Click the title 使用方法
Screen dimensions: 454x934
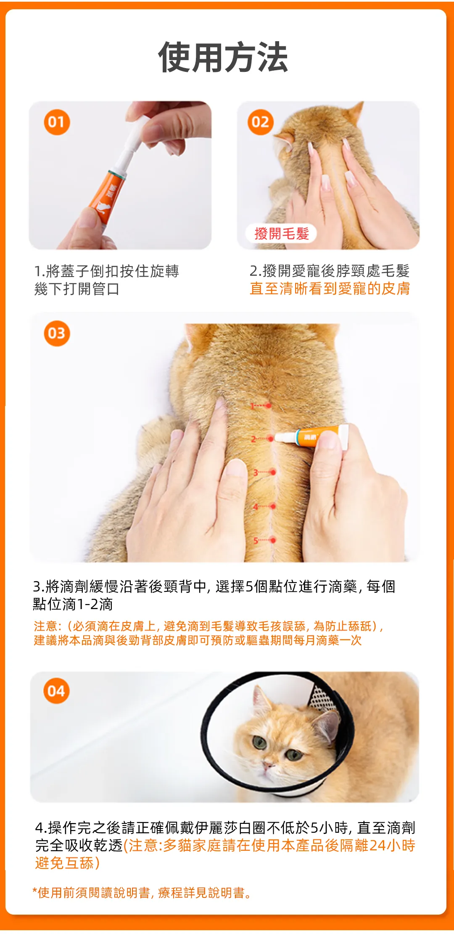pyautogui.click(x=223, y=57)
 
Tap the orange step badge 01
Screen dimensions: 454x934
pyautogui.click(x=57, y=122)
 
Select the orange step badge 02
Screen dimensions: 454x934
pyautogui.click(x=261, y=122)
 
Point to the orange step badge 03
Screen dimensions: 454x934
pyautogui.click(x=57, y=334)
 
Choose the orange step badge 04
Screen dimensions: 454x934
pyautogui.click(x=56, y=691)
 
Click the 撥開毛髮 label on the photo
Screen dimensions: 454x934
pyautogui.click(x=282, y=233)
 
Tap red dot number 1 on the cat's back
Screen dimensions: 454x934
pyautogui.click(x=268, y=406)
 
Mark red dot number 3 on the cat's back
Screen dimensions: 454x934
pyautogui.click(x=273, y=472)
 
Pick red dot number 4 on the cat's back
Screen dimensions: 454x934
pyautogui.click(x=273, y=507)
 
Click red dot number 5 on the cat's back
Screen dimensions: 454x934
pyautogui.click(x=273, y=540)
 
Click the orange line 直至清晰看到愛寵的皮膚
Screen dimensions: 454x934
pyautogui.click(x=330, y=289)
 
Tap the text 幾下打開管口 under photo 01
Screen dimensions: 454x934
pyautogui.click(x=77, y=289)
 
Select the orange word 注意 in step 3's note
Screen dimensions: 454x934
pyautogui.click(x=45, y=626)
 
